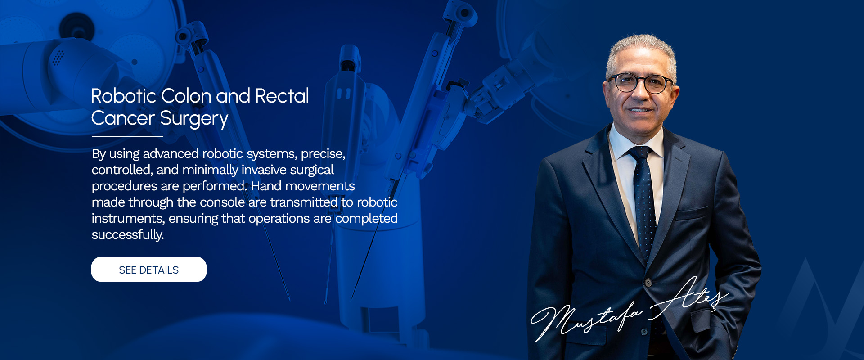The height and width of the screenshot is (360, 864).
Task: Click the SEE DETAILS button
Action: point(149,270)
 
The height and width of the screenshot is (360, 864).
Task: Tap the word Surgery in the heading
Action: point(194,119)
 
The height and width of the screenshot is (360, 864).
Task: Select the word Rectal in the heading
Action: point(282,96)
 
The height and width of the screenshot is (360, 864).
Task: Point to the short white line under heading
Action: point(128,136)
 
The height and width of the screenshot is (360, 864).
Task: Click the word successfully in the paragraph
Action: point(128,235)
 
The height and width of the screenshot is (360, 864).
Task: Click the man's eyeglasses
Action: point(641,83)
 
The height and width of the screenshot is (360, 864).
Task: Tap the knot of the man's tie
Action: point(639,153)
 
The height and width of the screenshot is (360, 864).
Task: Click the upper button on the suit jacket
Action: point(648,283)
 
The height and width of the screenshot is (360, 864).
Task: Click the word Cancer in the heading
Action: point(123,118)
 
